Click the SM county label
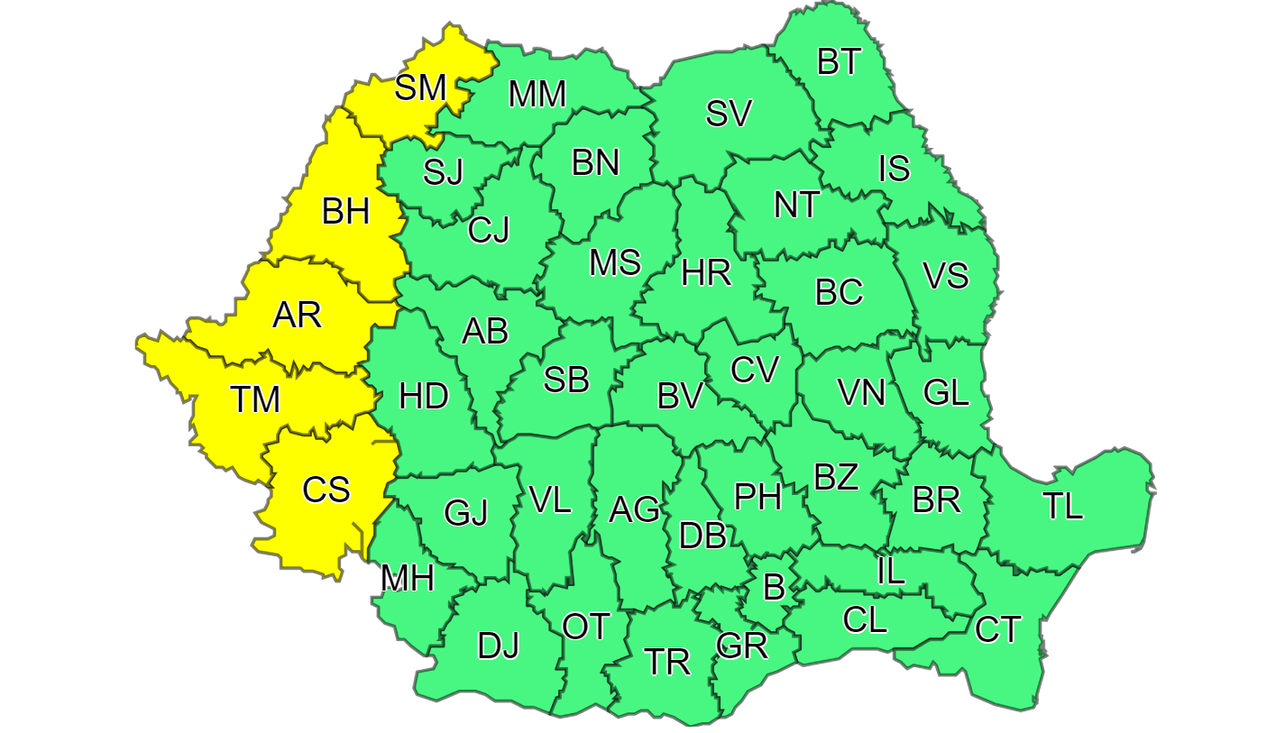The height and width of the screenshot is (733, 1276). tap(421, 88)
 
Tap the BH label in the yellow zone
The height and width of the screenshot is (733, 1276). tap(345, 213)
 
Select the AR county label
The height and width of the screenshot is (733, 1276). tap(298, 316)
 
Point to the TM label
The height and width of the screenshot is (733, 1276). tap(255, 399)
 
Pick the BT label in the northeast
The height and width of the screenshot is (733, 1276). tap(840, 62)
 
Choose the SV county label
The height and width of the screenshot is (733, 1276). tap(729, 115)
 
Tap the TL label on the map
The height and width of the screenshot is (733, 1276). tap(1063, 508)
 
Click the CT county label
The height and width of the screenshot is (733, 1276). tap(998, 629)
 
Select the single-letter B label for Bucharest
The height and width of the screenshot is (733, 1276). tap(774, 588)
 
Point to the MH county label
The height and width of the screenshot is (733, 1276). tap(408, 578)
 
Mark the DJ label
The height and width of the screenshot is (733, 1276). tap(499, 646)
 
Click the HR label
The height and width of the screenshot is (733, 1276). tap(706, 271)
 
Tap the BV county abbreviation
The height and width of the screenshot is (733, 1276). tap(680, 396)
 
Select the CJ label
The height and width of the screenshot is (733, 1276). tap(489, 231)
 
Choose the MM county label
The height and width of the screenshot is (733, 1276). tap(537, 94)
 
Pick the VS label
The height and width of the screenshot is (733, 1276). tap(946, 276)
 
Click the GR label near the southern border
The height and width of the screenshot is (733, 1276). tap(741, 646)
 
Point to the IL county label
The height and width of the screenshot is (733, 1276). tap(891, 573)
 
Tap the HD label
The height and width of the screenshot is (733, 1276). tap(424, 396)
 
